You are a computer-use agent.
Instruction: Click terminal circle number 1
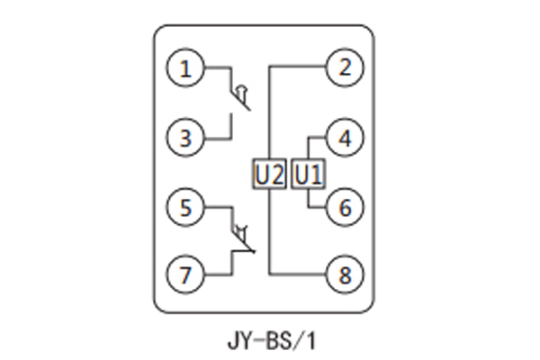click(186, 68)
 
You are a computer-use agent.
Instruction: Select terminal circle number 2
click(344, 67)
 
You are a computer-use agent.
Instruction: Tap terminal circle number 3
click(186, 139)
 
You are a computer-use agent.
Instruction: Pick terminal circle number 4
click(344, 139)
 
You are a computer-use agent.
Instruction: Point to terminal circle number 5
click(186, 208)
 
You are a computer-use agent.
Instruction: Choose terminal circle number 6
click(344, 208)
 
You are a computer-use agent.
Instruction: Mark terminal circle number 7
click(186, 274)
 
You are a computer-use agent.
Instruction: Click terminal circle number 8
click(344, 274)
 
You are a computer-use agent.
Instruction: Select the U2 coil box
click(269, 173)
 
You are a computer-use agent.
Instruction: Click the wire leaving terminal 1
click(218, 68)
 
